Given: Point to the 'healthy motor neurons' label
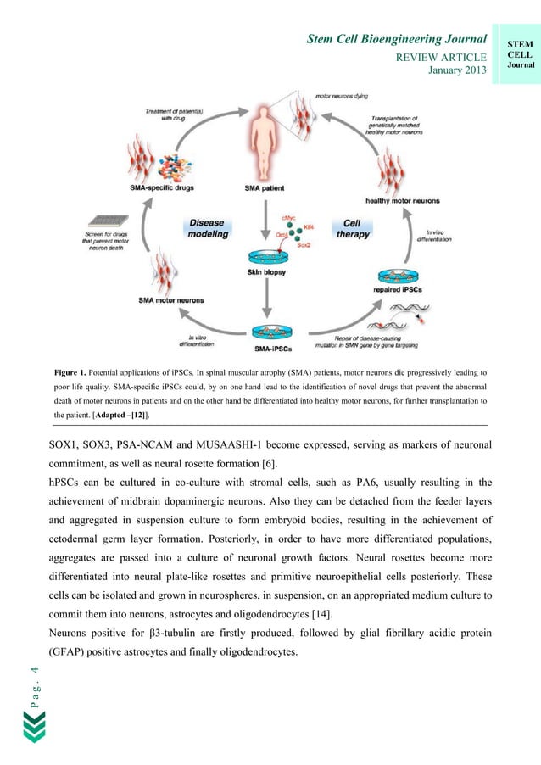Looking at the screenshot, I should pyautogui.click(x=402, y=201).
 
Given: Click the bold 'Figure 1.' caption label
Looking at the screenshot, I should pyautogui.click(x=73, y=372).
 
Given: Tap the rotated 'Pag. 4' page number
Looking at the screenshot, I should pyautogui.click(x=34, y=685).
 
